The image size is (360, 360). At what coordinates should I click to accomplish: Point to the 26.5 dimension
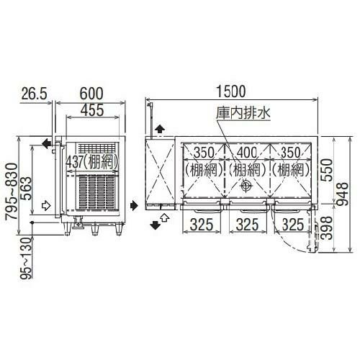pyautogui.click(x=35, y=92)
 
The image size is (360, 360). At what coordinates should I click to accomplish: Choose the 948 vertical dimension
pyautogui.click(x=348, y=189)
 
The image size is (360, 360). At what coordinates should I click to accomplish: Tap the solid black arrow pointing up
pyautogui.click(x=159, y=128)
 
